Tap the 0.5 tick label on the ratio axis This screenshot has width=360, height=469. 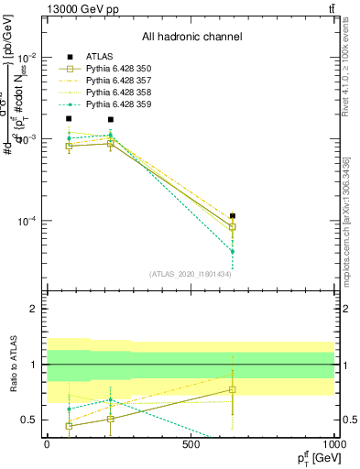pyautogui.click(x=27, y=420)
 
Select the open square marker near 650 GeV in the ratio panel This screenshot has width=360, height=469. pyautogui.click(x=233, y=389)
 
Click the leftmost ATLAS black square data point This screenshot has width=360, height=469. pyautogui.click(x=69, y=119)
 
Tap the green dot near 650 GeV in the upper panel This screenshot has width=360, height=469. pyautogui.click(x=233, y=251)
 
